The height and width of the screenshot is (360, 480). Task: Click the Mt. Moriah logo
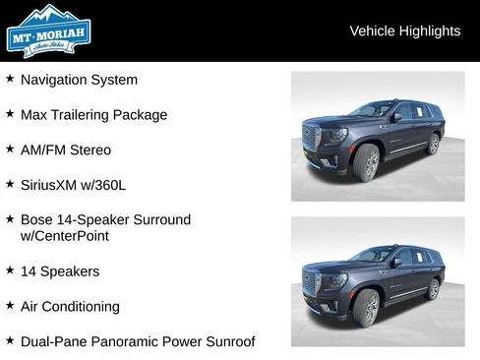point(47,31)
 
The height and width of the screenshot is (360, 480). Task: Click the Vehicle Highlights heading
point(404,31)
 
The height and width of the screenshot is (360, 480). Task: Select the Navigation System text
point(79,80)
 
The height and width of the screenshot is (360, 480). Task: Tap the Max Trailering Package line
point(93,115)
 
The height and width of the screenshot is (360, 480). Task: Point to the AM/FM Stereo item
point(66,150)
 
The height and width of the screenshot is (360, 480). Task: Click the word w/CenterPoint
point(65,236)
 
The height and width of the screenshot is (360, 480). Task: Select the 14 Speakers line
point(60,271)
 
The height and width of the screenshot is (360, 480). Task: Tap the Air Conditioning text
point(70,307)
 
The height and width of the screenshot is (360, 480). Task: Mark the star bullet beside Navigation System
point(10,79)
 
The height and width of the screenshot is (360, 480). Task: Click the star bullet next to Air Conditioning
point(10,306)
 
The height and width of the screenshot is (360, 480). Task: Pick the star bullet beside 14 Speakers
point(10,270)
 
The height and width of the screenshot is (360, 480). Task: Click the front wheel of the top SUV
point(368,164)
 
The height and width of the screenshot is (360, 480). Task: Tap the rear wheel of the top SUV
point(433,145)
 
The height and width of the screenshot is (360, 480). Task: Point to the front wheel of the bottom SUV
point(368,309)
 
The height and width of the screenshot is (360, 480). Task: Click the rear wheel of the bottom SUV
point(433,289)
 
